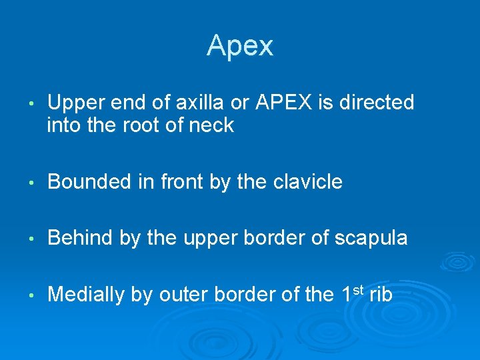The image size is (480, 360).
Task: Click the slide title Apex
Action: pyautogui.click(x=240, y=46)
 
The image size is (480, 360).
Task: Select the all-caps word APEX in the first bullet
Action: pyautogui.click(x=273, y=103)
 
